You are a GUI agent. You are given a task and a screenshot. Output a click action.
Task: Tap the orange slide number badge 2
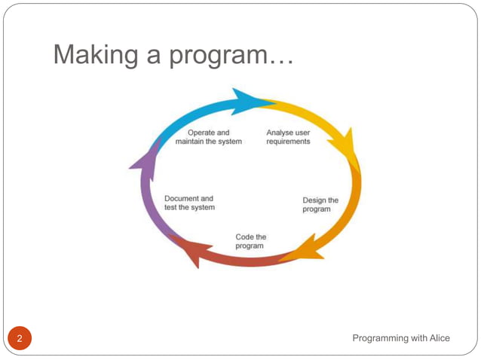[20, 338]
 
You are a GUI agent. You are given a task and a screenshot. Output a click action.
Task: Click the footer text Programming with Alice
[401, 338]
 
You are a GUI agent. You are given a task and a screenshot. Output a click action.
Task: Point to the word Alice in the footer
[439, 338]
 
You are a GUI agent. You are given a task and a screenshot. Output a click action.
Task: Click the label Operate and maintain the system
[208, 137]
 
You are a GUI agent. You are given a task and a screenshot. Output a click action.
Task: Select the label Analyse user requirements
[288, 137]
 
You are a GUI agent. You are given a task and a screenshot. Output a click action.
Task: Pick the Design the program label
[320, 205]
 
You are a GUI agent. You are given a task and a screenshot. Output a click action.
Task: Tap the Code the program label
[250, 241]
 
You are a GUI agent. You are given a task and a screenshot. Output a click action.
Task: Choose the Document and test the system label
[189, 203]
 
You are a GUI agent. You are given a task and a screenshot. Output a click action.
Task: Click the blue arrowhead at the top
[246, 101]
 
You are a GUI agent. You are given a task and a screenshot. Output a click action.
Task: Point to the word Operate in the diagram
[201, 133]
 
